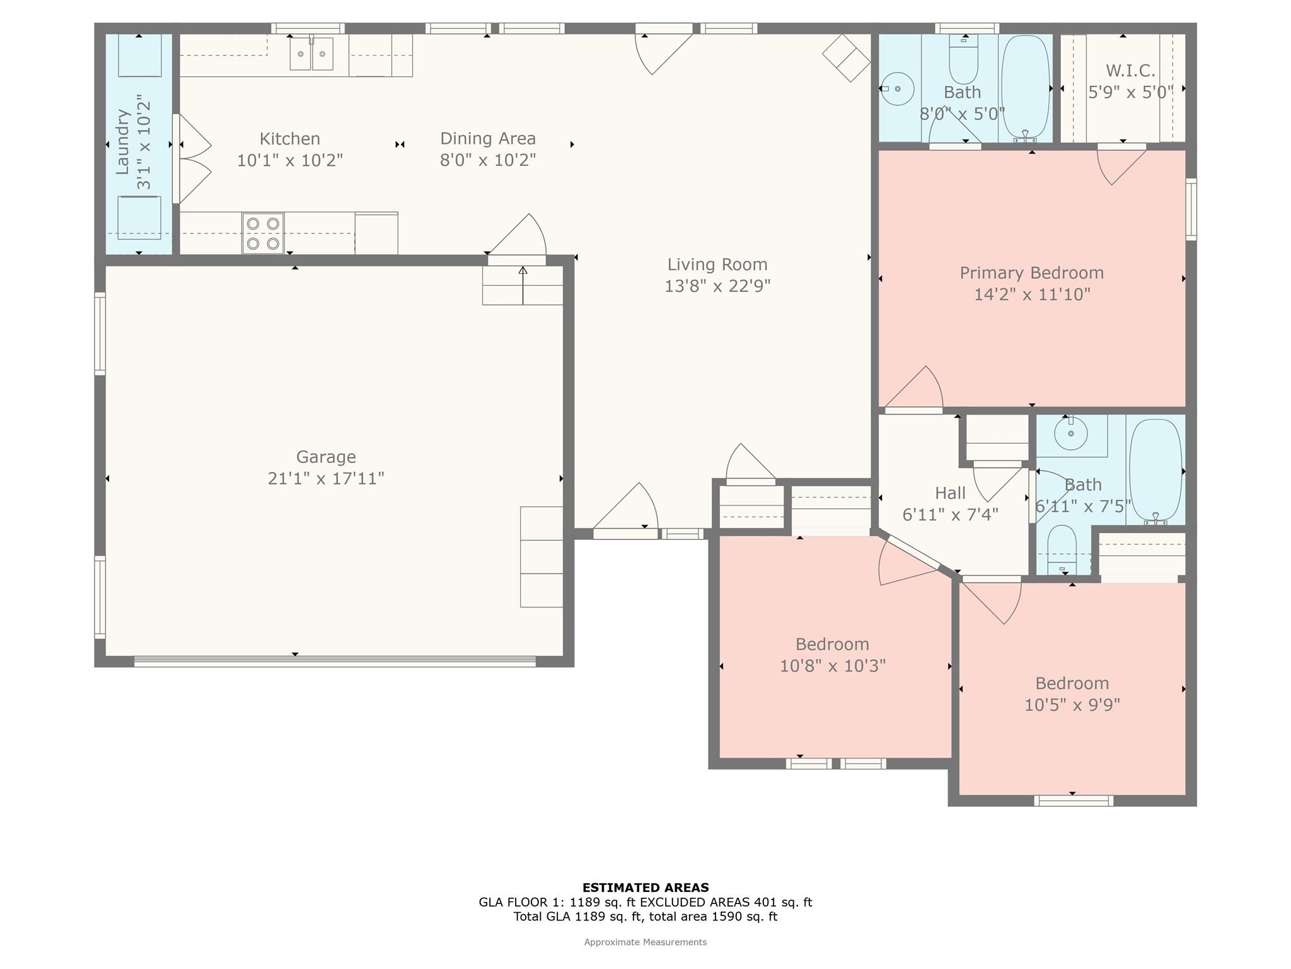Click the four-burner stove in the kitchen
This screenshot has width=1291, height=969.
click(x=263, y=233)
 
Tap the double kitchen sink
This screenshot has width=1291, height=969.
click(x=311, y=54)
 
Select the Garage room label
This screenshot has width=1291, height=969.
click(x=326, y=457)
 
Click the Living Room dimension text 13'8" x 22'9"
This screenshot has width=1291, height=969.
click(x=717, y=286)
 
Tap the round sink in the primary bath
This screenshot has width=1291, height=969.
click(x=898, y=89)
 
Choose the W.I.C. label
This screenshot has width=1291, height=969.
click(x=1130, y=70)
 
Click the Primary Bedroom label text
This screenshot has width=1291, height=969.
click(x=1032, y=273)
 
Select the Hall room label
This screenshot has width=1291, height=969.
click(x=951, y=493)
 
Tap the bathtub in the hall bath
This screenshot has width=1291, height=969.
click(x=1155, y=471)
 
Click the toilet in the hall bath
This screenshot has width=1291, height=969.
click(x=1062, y=549)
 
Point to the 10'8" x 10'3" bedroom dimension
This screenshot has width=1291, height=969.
click(x=833, y=666)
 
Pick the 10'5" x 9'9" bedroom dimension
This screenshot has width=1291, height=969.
click(x=1072, y=705)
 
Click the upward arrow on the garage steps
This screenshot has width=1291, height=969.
click(x=523, y=285)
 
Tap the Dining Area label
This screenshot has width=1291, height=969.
click(x=488, y=139)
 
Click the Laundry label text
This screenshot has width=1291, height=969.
click(x=122, y=142)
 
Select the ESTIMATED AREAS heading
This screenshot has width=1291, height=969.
click(x=645, y=888)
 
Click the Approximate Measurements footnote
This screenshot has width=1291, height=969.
click(x=645, y=942)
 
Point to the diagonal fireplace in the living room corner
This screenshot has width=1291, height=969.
click(x=847, y=57)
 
